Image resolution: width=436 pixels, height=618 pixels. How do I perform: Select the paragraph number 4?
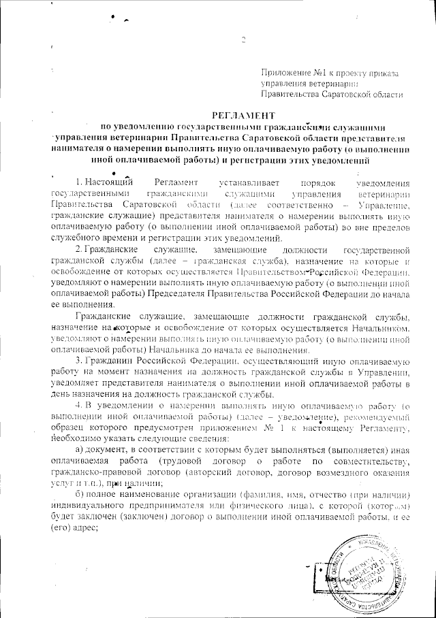79,406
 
